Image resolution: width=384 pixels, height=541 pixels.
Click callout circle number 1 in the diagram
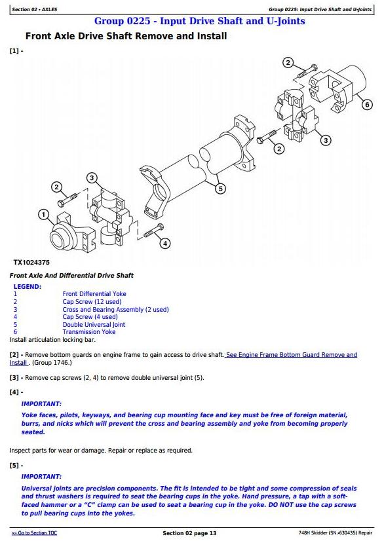[x=43, y=215]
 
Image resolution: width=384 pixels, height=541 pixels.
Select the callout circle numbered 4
[x=165, y=243]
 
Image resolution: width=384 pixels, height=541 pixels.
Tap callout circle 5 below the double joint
[x=220, y=189]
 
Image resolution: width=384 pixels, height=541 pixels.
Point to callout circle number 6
[x=367, y=104]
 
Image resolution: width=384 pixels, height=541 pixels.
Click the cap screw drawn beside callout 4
[x=154, y=231]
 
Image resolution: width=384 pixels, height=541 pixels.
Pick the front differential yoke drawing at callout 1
[x=73, y=233]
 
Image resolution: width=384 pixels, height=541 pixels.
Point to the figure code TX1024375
[x=31, y=263]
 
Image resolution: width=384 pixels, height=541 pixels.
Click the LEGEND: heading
[x=28, y=286]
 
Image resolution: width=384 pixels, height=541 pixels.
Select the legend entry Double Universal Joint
[x=94, y=325]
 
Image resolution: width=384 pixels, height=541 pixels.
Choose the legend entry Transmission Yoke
[x=89, y=332]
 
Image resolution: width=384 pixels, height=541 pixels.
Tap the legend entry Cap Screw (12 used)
[x=92, y=301]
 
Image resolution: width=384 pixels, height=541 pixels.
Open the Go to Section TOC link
[x=34, y=533]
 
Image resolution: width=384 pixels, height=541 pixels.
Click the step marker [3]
[x=14, y=378]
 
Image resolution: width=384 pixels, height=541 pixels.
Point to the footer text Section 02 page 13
[x=189, y=533]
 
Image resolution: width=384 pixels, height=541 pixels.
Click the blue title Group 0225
[x=123, y=21]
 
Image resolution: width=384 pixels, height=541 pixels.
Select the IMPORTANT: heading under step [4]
[x=41, y=403]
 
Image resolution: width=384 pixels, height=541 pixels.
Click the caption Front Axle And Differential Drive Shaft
[x=71, y=275]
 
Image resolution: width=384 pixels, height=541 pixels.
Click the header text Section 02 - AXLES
[x=35, y=9]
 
